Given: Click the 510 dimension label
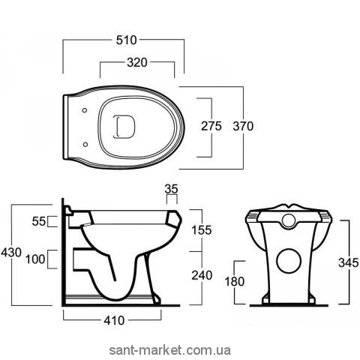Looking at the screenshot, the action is click(127, 40).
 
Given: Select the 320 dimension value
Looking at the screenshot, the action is click(137, 62).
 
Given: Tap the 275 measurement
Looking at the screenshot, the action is click(211, 126).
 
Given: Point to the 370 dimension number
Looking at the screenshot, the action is click(243, 126).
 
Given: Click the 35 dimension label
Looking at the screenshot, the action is click(172, 189).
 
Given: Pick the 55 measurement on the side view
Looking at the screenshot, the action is click(39, 221).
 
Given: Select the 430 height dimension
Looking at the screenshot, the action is click(11, 252).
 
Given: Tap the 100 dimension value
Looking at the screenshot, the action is click(35, 259).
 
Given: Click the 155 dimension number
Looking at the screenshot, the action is click(202, 230).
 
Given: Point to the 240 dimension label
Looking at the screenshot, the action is click(202, 275).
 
